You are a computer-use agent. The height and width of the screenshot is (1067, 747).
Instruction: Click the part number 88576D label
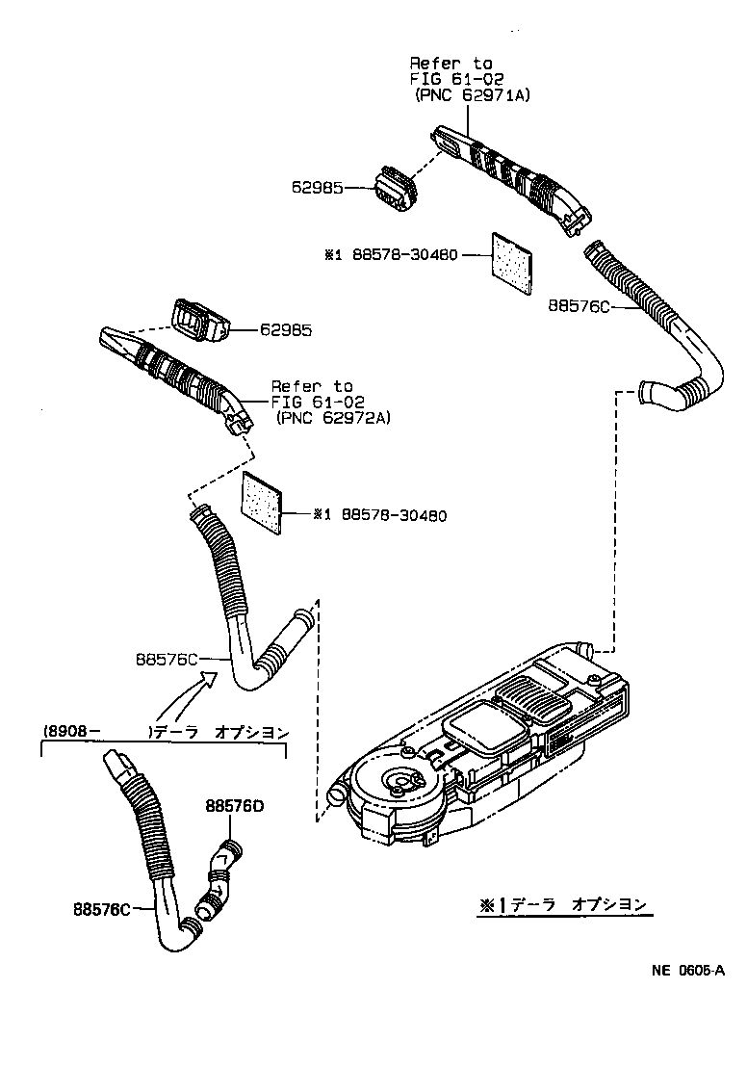[x=233, y=806]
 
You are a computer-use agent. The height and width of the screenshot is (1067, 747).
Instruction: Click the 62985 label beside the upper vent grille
[x=317, y=189]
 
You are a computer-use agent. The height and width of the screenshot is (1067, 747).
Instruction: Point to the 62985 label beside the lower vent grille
[x=286, y=329]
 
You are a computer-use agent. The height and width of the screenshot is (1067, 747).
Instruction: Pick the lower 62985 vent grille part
[x=198, y=320]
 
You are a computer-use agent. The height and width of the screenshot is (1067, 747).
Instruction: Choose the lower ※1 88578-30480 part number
[x=379, y=515]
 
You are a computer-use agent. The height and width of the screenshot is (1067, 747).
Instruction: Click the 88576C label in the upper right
[x=580, y=305]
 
